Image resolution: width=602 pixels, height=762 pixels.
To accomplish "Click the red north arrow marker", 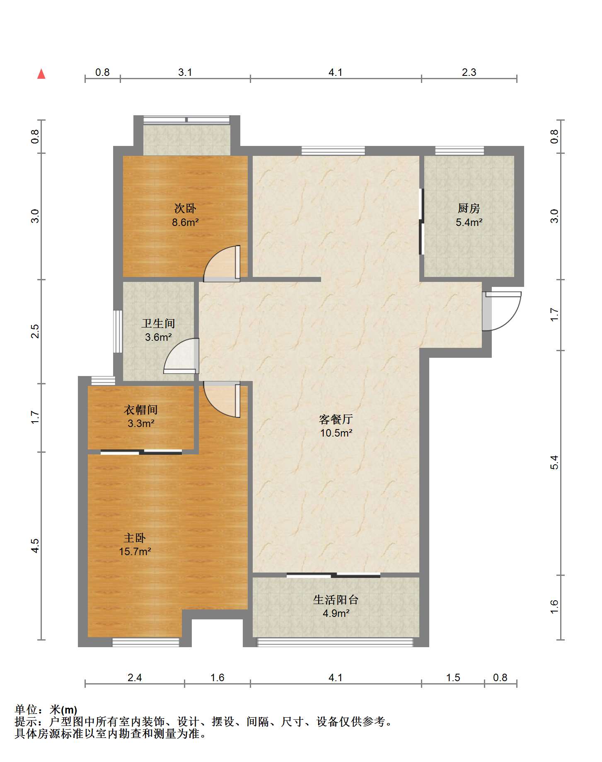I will click(x=41, y=74).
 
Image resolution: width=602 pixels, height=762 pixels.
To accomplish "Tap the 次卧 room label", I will click(x=185, y=208).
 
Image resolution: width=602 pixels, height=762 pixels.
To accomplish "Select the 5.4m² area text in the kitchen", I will click(x=469, y=223).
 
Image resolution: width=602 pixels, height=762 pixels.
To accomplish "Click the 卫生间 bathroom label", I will click(x=158, y=323).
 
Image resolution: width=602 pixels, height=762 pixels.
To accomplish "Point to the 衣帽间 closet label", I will click(x=141, y=410).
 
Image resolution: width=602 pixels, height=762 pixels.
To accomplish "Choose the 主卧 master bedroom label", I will click(x=135, y=538).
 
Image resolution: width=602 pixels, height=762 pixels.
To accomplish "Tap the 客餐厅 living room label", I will click(x=336, y=419).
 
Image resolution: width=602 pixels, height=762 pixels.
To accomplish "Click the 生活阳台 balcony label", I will click(x=336, y=599).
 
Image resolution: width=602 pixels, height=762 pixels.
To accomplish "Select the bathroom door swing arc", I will click(x=181, y=356).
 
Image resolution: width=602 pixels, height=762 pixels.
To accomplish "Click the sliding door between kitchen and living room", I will click(x=421, y=221).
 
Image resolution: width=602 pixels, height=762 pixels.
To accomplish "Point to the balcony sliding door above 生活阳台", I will click(x=334, y=575).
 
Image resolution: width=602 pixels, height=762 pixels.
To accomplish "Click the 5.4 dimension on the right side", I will click(x=554, y=462).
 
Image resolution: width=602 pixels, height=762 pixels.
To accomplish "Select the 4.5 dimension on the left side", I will click(x=35, y=545).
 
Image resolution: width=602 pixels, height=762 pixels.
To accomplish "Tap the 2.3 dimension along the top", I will click(x=469, y=73).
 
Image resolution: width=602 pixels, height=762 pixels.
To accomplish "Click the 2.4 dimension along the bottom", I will click(x=135, y=678).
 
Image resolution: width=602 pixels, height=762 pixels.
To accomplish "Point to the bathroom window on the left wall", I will click(x=118, y=331).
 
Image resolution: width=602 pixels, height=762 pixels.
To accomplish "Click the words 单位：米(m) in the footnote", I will click(x=46, y=710).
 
